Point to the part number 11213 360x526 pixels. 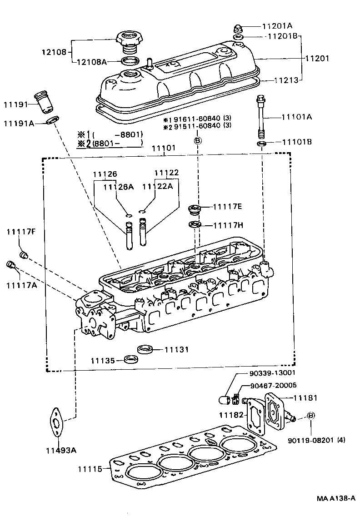pos(286,80)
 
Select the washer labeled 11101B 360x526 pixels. pos(261,144)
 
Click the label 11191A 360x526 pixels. pos(19,123)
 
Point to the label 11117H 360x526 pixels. pos(228,225)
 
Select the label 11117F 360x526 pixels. pos(21,232)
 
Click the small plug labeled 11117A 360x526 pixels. pos(11,265)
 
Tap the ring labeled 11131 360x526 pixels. pos(144,349)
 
